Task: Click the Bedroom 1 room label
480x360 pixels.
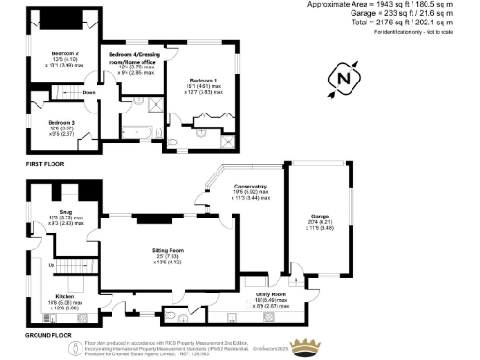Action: click(202, 81)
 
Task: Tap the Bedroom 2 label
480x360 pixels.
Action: click(64, 53)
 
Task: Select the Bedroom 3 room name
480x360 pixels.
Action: click(62, 122)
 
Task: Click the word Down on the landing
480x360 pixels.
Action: click(89, 93)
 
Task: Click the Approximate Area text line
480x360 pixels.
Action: click(393, 5)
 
